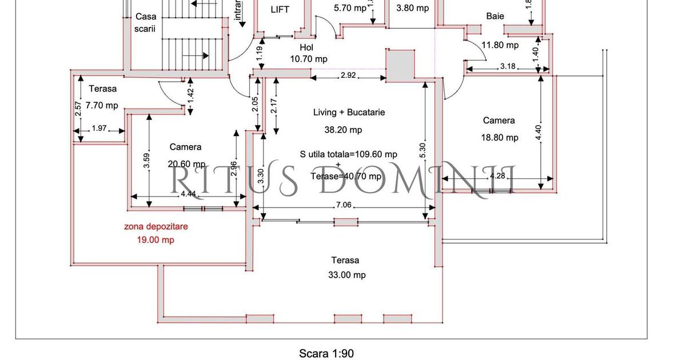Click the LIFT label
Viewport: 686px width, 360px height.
pos(280,10)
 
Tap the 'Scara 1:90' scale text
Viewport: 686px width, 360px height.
pos(326,354)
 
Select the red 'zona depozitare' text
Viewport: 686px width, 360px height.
pos(156,226)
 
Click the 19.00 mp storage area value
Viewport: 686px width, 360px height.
pos(155,240)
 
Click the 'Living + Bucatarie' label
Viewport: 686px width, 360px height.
pos(349,113)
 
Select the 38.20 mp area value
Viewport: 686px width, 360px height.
pos(343,130)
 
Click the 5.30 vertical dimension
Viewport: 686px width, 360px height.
pos(422,150)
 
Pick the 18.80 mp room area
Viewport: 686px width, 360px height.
pos(500,138)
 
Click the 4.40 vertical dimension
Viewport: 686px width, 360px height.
pos(537,132)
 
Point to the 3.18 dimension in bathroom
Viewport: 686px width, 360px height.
pos(508,66)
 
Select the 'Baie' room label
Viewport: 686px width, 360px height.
pos(495,16)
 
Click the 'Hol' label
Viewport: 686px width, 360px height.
pos(307,47)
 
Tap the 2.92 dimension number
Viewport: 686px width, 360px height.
pos(348,75)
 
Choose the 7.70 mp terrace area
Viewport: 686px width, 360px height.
pos(102,105)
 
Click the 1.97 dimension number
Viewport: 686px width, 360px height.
pos(99,129)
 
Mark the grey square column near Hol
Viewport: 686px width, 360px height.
pos(400,63)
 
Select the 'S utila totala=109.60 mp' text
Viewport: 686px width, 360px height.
pos(348,154)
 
